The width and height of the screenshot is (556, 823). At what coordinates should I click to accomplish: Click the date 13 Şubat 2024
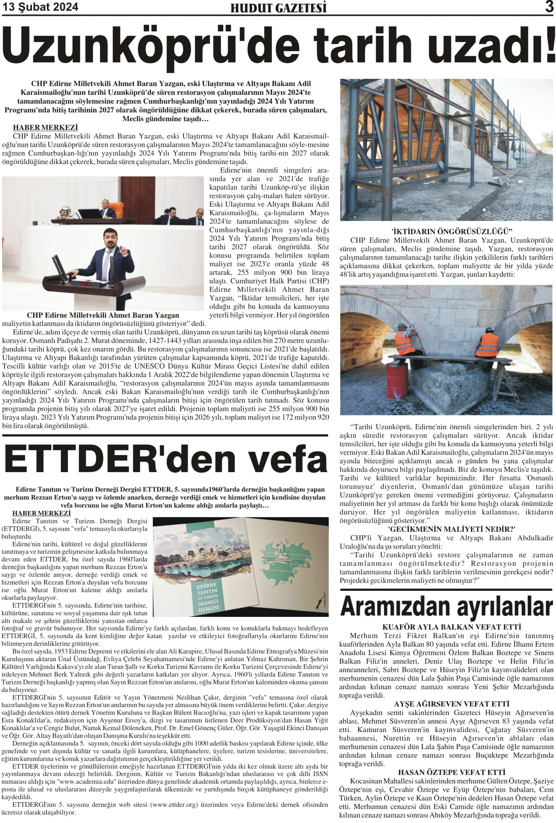tap(41, 7)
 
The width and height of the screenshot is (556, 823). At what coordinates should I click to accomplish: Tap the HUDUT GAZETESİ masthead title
tap(278, 8)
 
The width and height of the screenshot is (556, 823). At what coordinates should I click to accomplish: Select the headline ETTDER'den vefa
tap(165, 460)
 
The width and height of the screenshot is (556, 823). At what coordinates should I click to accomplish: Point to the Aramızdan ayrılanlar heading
tap(446, 607)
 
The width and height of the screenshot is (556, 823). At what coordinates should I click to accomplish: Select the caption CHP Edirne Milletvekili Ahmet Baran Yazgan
tap(103, 315)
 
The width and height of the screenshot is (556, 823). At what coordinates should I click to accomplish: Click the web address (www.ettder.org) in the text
tap(174, 805)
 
